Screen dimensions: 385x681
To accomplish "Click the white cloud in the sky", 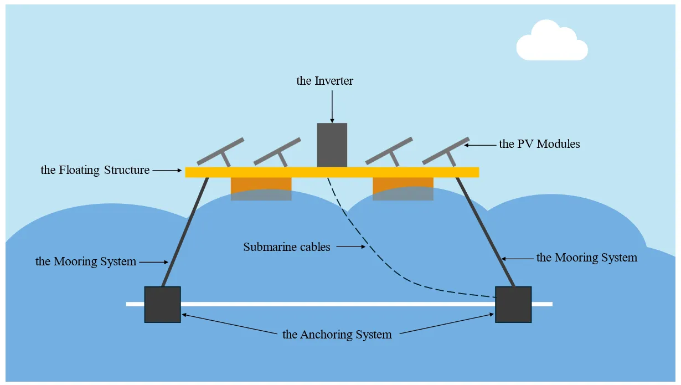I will click(x=551, y=43).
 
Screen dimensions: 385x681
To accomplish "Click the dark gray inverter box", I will click(x=332, y=145).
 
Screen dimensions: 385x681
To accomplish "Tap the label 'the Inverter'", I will click(x=324, y=81).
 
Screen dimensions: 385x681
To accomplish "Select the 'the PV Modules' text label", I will click(x=539, y=144).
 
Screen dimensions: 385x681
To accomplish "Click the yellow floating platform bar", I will click(x=332, y=172).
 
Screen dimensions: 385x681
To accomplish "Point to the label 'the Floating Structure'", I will click(x=95, y=170).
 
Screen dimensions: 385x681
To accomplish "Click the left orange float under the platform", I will click(x=261, y=188).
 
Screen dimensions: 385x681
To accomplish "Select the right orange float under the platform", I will click(x=403, y=188).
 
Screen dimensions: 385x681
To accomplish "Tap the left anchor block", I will click(x=162, y=304).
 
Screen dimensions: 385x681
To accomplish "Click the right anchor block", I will click(x=513, y=304).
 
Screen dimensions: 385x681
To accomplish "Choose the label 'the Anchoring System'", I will click(x=337, y=335).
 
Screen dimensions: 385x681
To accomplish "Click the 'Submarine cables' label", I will click(x=287, y=247).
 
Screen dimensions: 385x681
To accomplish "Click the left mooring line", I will click(x=185, y=232).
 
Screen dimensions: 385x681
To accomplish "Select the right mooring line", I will click(x=486, y=232).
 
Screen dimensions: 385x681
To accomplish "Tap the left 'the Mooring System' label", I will click(x=86, y=261).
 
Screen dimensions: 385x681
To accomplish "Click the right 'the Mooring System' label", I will click(x=587, y=258).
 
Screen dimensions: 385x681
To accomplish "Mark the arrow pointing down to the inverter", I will click(x=332, y=105).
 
